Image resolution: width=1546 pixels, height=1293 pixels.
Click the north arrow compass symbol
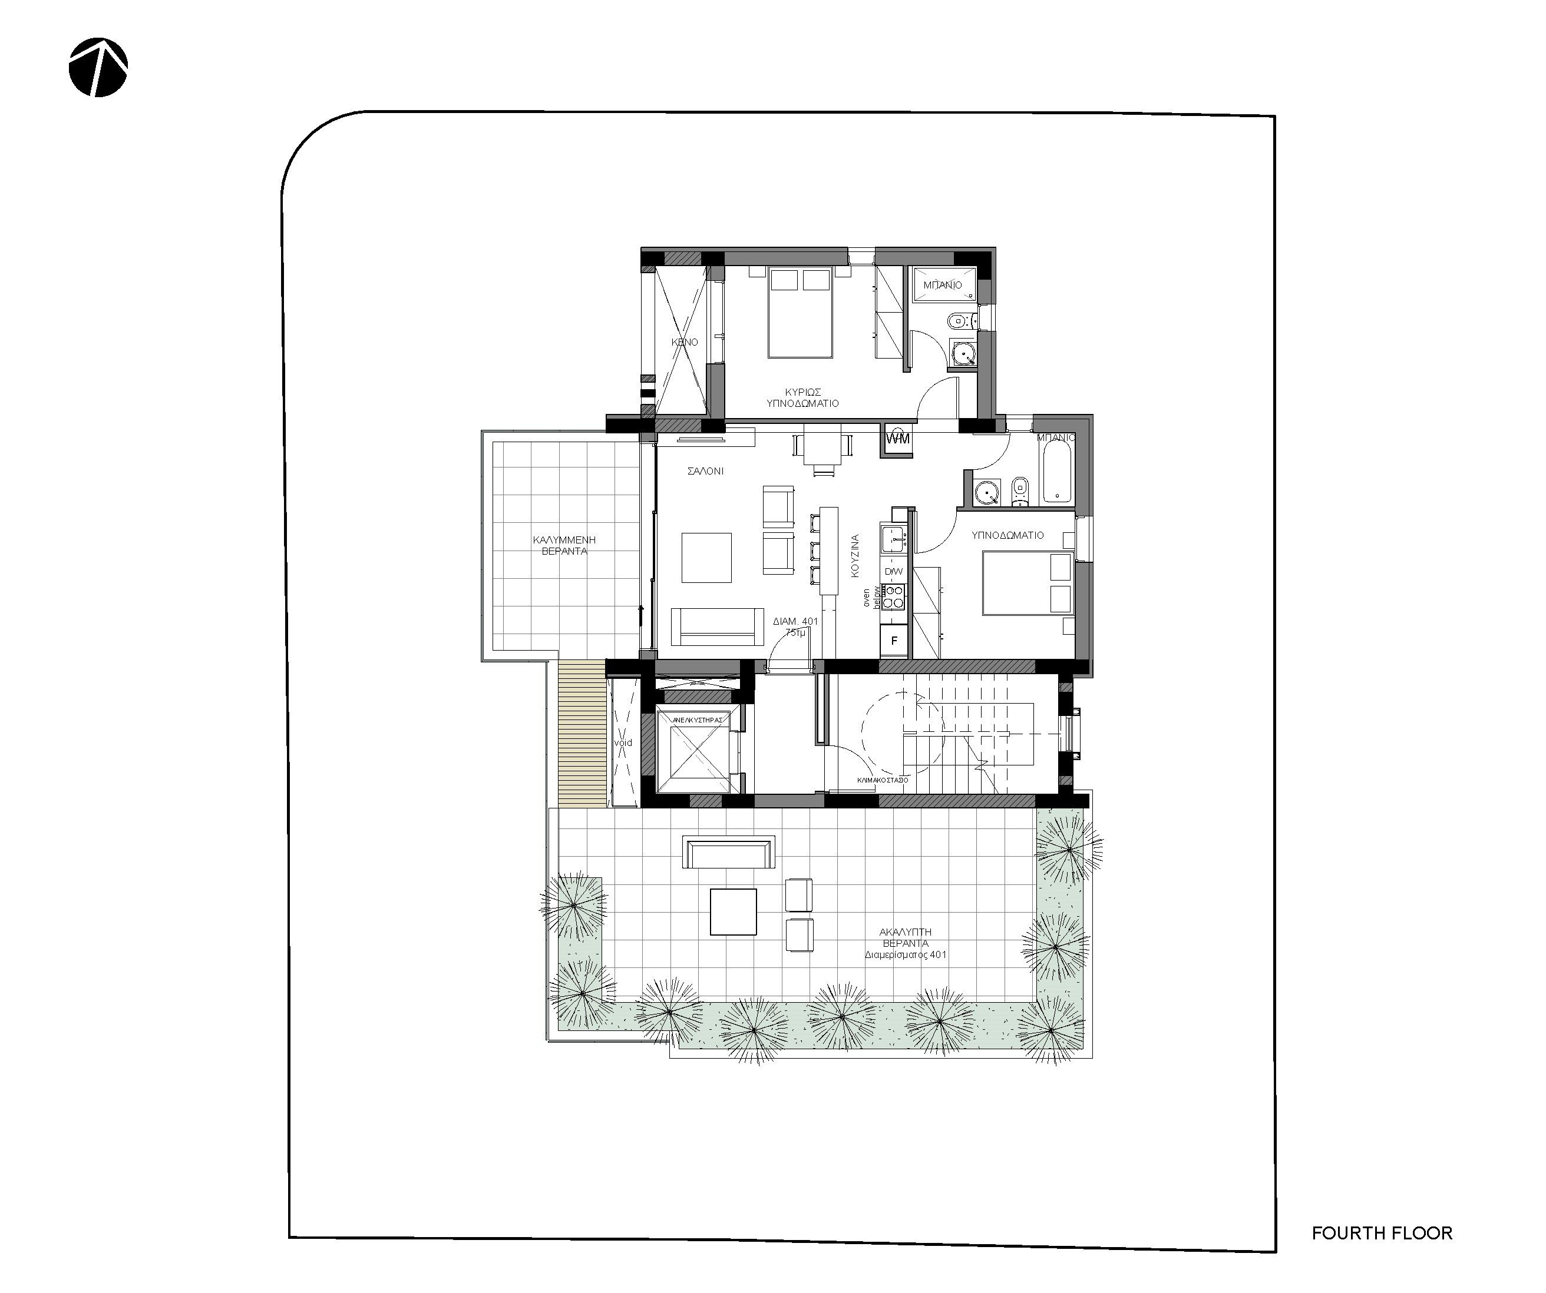98,67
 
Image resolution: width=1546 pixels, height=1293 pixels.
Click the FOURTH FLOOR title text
1381,1233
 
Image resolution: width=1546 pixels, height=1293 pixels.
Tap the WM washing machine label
898,439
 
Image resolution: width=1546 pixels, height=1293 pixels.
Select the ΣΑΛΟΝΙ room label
705,471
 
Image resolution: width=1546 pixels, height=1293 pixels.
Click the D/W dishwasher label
893,572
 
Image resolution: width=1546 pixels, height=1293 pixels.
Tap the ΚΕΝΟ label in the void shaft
684,342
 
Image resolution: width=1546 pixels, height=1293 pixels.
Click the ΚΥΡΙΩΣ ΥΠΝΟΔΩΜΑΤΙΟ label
802,398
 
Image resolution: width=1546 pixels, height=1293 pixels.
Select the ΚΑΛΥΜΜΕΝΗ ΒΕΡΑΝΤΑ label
564,545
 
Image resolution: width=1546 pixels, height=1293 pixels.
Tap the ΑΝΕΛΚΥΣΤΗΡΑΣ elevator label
697,720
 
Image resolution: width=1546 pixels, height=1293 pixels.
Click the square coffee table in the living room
706,557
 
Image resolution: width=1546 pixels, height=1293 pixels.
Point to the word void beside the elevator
623,743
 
